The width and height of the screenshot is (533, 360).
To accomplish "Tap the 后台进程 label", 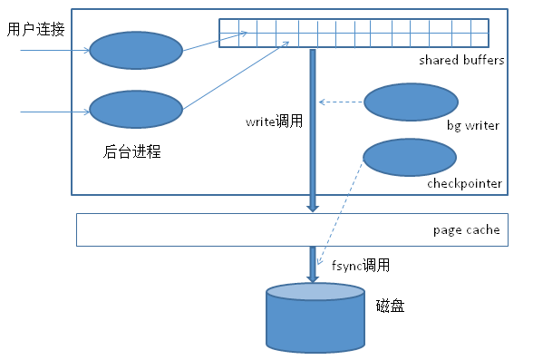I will click(132, 151).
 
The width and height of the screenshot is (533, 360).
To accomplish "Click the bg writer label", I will click(472, 125).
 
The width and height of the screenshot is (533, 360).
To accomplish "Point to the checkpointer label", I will click(464, 183).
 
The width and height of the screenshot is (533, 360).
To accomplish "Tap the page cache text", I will click(466, 229).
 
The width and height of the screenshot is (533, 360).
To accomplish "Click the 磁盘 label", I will click(389, 306).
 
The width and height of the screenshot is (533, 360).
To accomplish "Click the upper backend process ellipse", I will click(136, 50).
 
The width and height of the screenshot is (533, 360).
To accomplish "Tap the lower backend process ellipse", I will click(136, 110).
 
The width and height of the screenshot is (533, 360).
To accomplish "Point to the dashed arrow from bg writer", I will click(343, 102).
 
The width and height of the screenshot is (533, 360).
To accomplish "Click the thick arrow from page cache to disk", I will click(313, 264).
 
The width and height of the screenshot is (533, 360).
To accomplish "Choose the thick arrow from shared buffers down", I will click(313, 127).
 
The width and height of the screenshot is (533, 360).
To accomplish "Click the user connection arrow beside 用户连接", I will click(54, 51).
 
